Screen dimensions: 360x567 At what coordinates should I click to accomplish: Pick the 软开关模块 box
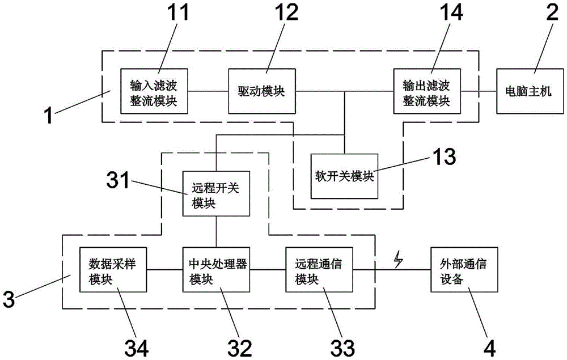(345, 175)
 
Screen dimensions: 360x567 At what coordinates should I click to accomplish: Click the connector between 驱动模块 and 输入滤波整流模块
(208, 91)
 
